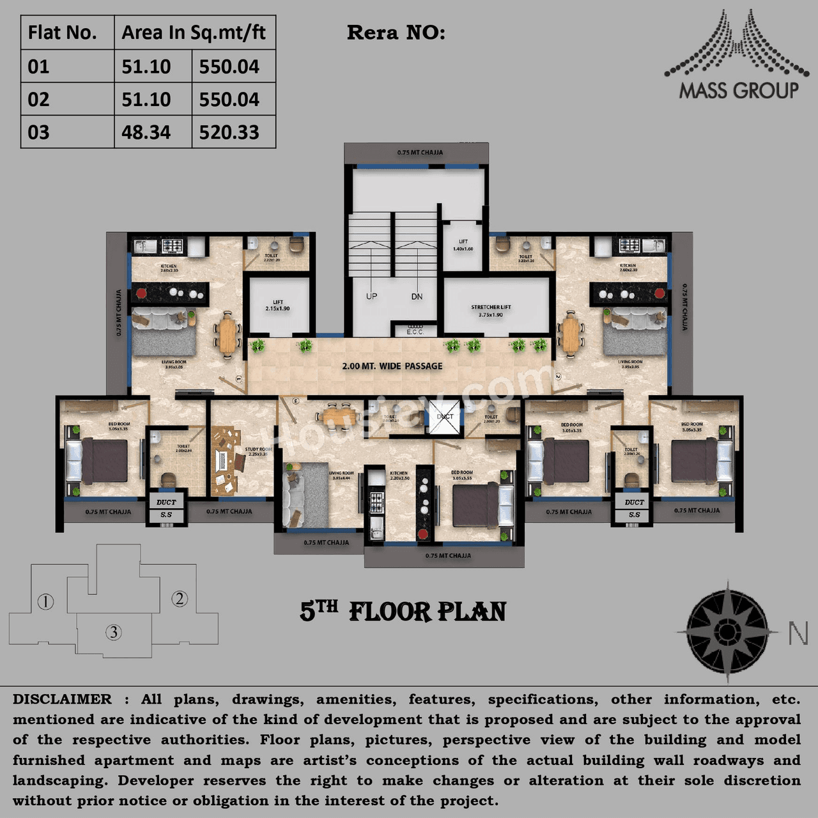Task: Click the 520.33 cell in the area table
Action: tap(229, 132)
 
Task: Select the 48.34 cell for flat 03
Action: tap(146, 132)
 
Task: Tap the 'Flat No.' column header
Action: tap(63, 33)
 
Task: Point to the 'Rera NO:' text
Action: tap(396, 33)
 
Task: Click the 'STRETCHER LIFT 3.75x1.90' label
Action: tap(491, 311)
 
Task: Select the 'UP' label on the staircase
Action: tap(371, 297)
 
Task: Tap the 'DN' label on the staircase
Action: tap(417, 297)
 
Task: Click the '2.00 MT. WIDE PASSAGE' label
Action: tap(392, 366)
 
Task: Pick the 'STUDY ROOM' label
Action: tap(258, 451)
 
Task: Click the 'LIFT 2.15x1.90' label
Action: tap(277, 305)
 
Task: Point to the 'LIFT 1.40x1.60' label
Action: tap(463, 245)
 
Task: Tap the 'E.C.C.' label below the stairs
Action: tap(415, 332)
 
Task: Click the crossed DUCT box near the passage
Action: tap(444, 417)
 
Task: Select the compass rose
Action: tap(727, 631)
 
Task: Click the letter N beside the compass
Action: tap(798, 633)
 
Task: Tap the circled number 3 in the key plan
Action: tap(114, 632)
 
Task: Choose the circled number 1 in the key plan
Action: tap(45, 601)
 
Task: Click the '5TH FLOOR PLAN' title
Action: tap(403, 612)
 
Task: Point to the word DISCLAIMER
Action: tap(62, 699)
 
